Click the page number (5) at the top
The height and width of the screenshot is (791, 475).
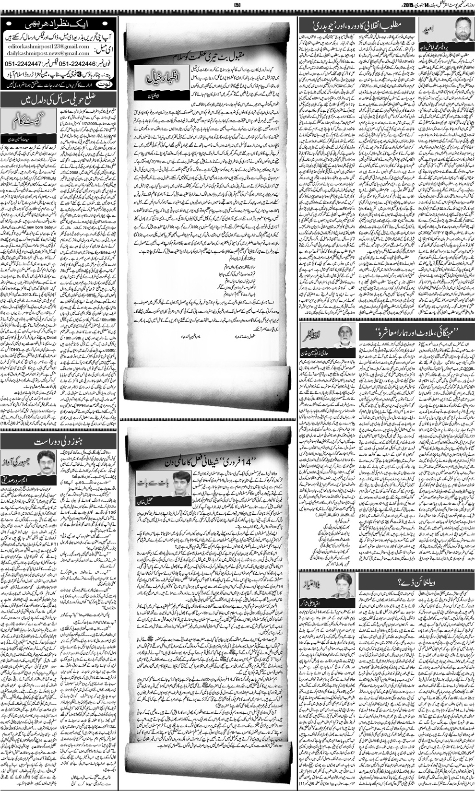[x=237, y=5]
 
